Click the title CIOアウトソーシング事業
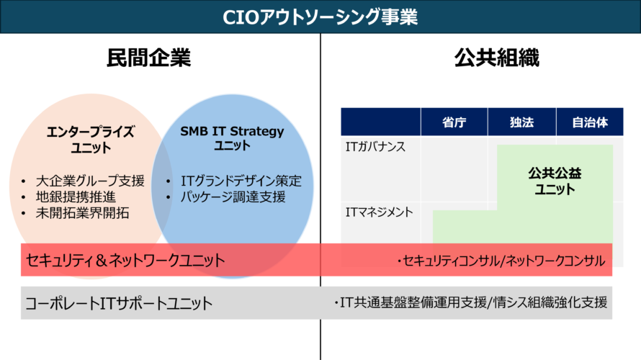click(320, 17)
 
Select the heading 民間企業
click(149, 58)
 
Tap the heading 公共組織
click(497, 58)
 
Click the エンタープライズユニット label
click(90, 140)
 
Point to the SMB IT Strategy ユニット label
click(232, 138)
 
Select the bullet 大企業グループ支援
click(90, 181)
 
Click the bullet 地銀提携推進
click(76, 197)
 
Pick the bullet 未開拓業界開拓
click(82, 213)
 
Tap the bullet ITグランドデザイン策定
click(241, 181)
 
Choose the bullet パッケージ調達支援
click(233, 197)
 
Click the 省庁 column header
click(454, 122)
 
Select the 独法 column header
click(521, 122)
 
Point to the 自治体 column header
click(590, 122)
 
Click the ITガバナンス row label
click(375, 147)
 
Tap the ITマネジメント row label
click(379, 212)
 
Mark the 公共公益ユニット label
click(555, 181)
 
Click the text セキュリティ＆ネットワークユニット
click(125, 261)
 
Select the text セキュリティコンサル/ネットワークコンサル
click(501, 261)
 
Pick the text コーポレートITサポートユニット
click(119, 304)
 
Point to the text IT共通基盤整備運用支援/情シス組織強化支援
click(471, 303)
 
